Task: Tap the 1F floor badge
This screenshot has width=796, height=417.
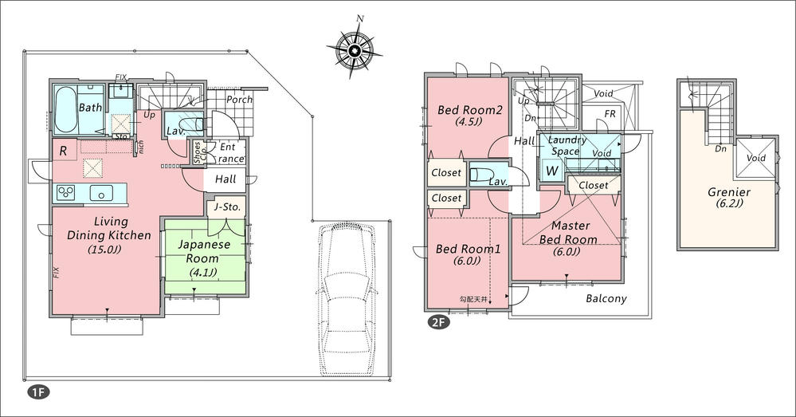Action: (37, 392)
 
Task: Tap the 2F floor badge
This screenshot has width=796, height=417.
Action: (437, 323)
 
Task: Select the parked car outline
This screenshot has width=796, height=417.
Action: (346, 298)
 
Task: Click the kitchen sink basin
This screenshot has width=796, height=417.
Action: (101, 193)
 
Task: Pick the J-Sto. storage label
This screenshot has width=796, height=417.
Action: (225, 208)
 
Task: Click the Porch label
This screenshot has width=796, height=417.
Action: (239, 100)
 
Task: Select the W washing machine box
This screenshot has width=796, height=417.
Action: (551, 171)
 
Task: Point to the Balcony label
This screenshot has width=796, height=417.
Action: (606, 299)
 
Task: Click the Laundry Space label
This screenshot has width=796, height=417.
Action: (566, 145)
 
